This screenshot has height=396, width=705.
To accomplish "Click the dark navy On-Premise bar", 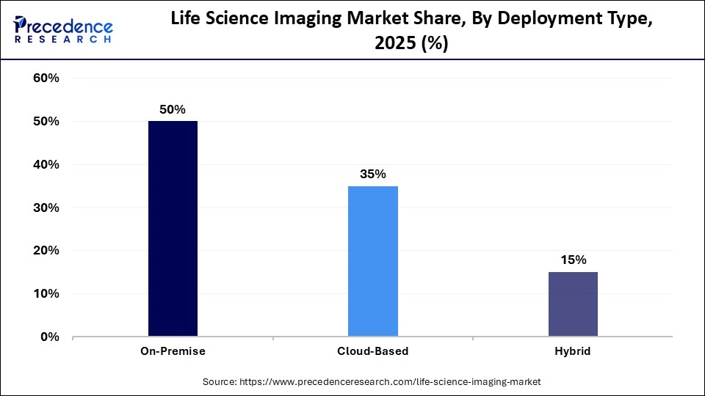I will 173,229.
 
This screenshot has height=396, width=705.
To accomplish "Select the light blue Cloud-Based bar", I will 372,261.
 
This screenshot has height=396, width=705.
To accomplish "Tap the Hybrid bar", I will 573,304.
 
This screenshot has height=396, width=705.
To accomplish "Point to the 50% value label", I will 173,109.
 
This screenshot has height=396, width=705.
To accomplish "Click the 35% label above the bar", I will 372,174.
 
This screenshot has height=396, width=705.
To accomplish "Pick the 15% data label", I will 573,260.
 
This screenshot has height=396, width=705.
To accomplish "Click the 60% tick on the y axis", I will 46,78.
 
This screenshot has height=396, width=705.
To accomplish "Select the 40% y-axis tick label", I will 46,165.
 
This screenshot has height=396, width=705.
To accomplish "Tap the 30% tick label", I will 46,208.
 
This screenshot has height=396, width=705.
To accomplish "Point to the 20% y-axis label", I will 46,251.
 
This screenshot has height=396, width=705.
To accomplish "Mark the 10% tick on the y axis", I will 46,294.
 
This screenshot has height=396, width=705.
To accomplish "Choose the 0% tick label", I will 48,337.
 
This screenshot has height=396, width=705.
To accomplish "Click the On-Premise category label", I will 173,351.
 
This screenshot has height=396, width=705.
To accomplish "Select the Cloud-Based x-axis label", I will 372,351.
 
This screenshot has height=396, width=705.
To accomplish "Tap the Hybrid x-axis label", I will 573,351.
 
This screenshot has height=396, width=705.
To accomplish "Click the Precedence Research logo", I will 63,29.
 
